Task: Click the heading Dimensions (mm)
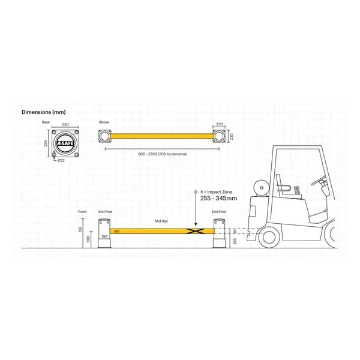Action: click(x=43, y=112)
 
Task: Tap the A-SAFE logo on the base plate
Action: click(x=64, y=144)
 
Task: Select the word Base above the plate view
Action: click(x=46, y=122)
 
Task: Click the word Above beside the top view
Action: click(x=104, y=122)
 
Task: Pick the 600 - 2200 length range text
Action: click(x=161, y=154)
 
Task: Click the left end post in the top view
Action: click(x=106, y=137)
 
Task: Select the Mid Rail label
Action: click(x=161, y=220)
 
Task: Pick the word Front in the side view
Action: click(x=83, y=212)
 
